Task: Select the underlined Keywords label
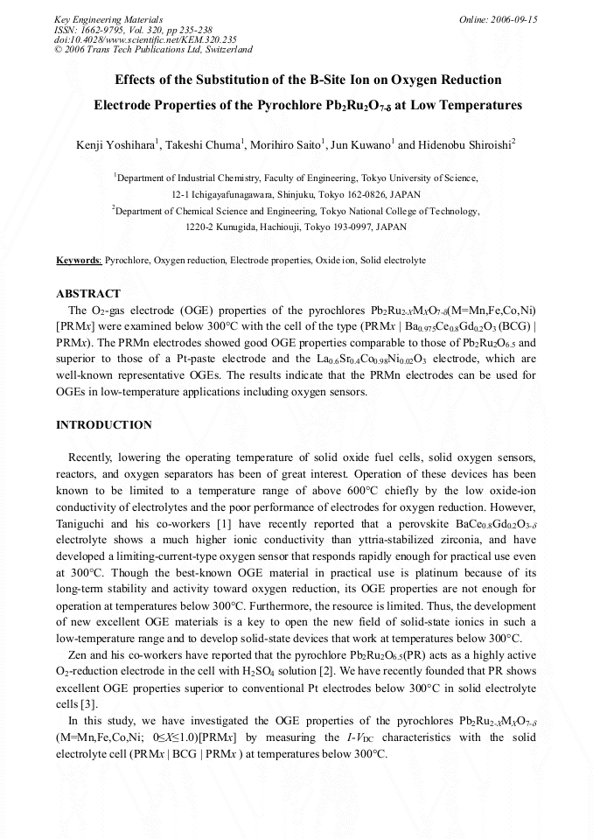click(79, 261)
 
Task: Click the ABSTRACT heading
click(88, 294)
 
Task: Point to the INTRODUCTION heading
click(104, 425)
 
